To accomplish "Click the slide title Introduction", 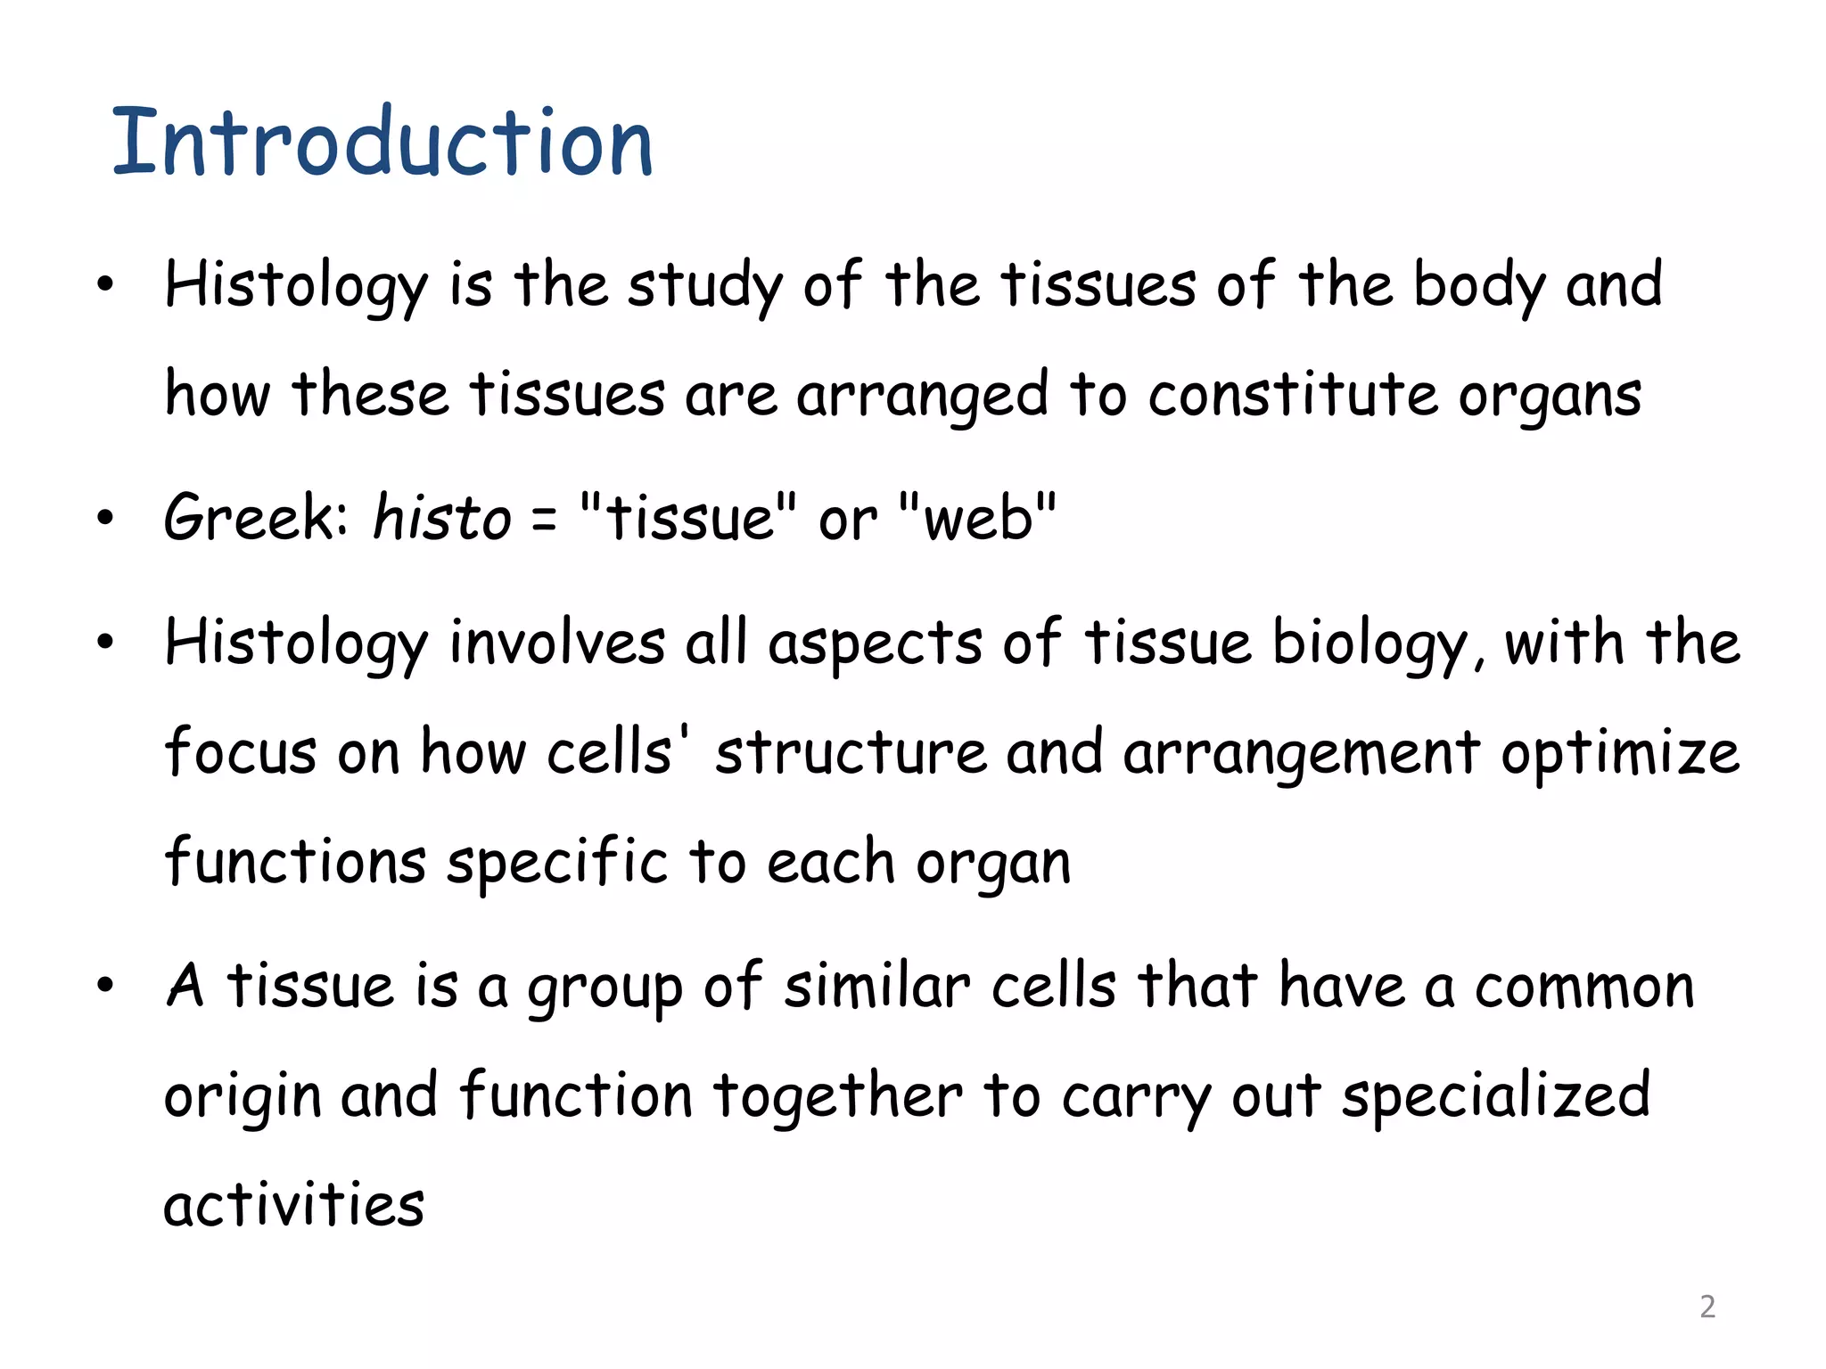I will [383, 143].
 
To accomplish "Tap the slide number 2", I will [1707, 1306].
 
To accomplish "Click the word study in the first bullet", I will [705, 287].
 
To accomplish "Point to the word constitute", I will [1292, 395].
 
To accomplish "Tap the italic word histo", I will [442, 518].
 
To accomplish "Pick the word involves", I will [557, 643].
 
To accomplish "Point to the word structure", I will [851, 753].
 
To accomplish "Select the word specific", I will [557, 863].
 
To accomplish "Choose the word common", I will [1584, 988].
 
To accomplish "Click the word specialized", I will [1496, 1096].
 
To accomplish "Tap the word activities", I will [294, 1204].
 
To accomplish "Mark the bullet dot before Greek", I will [106, 518].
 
